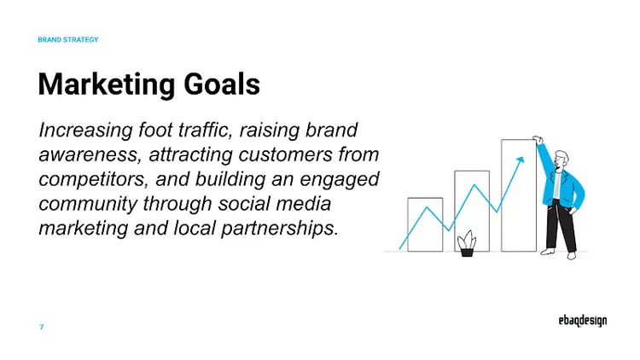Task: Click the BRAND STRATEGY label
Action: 68,40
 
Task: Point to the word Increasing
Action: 85,131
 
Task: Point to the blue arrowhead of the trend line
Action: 519,160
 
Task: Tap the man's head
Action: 560,159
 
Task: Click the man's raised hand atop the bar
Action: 538,140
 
